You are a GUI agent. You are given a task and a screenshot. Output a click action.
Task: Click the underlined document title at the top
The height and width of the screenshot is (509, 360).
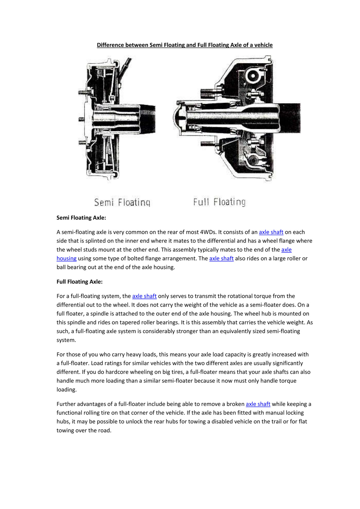(185, 45)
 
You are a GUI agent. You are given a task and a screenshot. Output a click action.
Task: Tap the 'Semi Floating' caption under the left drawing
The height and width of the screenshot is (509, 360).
(122, 202)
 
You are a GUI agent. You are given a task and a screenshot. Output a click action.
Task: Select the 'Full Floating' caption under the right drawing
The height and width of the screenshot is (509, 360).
(219, 202)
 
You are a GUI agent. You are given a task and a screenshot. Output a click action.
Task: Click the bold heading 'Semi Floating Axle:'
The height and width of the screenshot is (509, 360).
(81, 218)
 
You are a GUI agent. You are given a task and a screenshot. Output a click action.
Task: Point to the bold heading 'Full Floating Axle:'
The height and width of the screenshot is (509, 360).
(79, 282)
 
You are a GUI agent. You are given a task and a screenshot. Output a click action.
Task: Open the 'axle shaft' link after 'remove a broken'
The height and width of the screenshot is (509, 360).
(258, 404)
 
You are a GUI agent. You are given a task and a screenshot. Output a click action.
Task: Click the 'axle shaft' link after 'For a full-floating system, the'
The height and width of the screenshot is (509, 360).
(144, 296)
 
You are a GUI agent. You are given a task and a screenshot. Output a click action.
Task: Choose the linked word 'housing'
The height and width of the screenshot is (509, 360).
(66, 259)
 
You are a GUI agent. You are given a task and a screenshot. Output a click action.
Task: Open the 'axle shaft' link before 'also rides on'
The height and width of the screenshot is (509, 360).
(221, 259)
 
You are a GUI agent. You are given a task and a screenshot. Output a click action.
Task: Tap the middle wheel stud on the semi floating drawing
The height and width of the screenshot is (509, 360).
(82, 119)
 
